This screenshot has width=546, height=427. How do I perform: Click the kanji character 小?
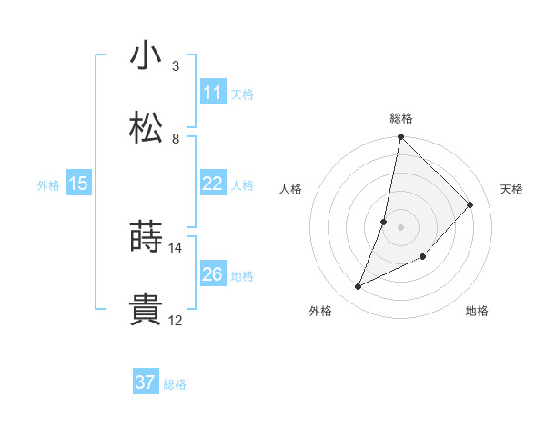point(146,55)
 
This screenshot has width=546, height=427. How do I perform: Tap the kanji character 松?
point(146,128)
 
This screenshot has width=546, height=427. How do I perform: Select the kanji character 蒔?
point(146,237)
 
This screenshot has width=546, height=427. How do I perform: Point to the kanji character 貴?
point(146,310)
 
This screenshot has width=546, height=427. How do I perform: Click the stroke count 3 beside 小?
point(176,65)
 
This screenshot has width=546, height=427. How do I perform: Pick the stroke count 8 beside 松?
point(176,138)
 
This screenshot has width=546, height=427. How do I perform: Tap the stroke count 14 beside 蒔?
point(176,247)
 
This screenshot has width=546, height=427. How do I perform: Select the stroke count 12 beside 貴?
point(176,320)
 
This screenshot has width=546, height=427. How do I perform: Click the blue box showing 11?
point(212,93)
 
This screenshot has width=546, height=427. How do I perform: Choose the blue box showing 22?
point(212,184)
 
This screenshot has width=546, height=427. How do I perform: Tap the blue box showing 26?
point(212,274)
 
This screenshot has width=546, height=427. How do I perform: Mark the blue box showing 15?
point(78,184)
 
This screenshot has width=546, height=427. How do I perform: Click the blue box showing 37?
point(145,382)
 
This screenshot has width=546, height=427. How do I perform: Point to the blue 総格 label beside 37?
point(175,384)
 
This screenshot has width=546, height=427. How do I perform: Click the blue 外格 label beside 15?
point(48,184)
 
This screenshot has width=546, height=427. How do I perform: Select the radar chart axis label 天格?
point(511,189)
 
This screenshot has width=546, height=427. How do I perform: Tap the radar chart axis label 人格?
point(290,189)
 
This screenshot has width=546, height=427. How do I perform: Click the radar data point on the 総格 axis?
point(400,137)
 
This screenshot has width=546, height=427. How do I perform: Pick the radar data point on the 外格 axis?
point(359,287)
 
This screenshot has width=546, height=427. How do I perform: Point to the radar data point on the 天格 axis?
point(470,204)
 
